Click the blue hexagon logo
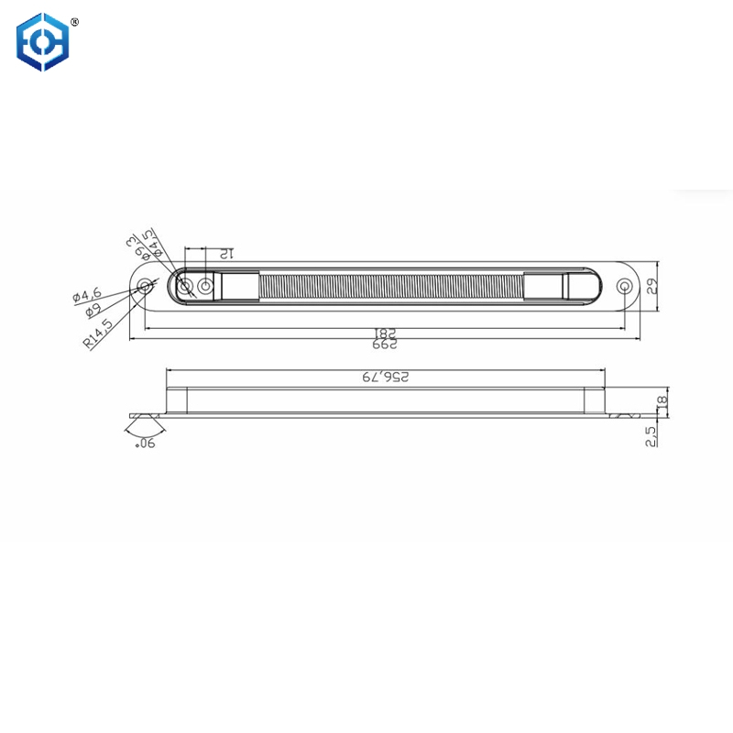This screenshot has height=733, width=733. [x=43, y=41]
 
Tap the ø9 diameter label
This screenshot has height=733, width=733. [x=92, y=310]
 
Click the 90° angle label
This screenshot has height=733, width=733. [x=144, y=443]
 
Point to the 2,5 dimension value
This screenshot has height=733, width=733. [x=651, y=434]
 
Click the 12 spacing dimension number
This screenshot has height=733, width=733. [x=225, y=254]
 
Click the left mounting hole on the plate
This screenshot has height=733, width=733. [x=145, y=287]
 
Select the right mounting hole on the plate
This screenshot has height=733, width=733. [x=625, y=286]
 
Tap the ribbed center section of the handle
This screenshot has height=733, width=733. [x=392, y=286]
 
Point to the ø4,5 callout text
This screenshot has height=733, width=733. [x=154, y=244]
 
